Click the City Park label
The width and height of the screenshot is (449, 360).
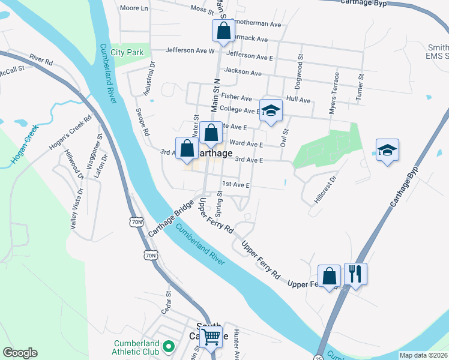(127, 53)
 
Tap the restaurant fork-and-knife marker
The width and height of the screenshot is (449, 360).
(355, 275)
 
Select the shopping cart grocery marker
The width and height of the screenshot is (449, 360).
(211, 337)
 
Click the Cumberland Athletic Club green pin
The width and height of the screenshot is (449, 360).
(169, 346)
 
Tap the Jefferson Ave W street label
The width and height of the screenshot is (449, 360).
(190, 51)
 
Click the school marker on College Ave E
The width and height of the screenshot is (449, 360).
(271, 110)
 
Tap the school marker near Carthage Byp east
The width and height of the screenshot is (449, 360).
(387, 151)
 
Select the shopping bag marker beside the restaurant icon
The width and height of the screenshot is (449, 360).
(329, 276)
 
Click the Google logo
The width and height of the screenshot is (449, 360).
(20, 353)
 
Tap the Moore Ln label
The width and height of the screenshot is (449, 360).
(134, 8)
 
